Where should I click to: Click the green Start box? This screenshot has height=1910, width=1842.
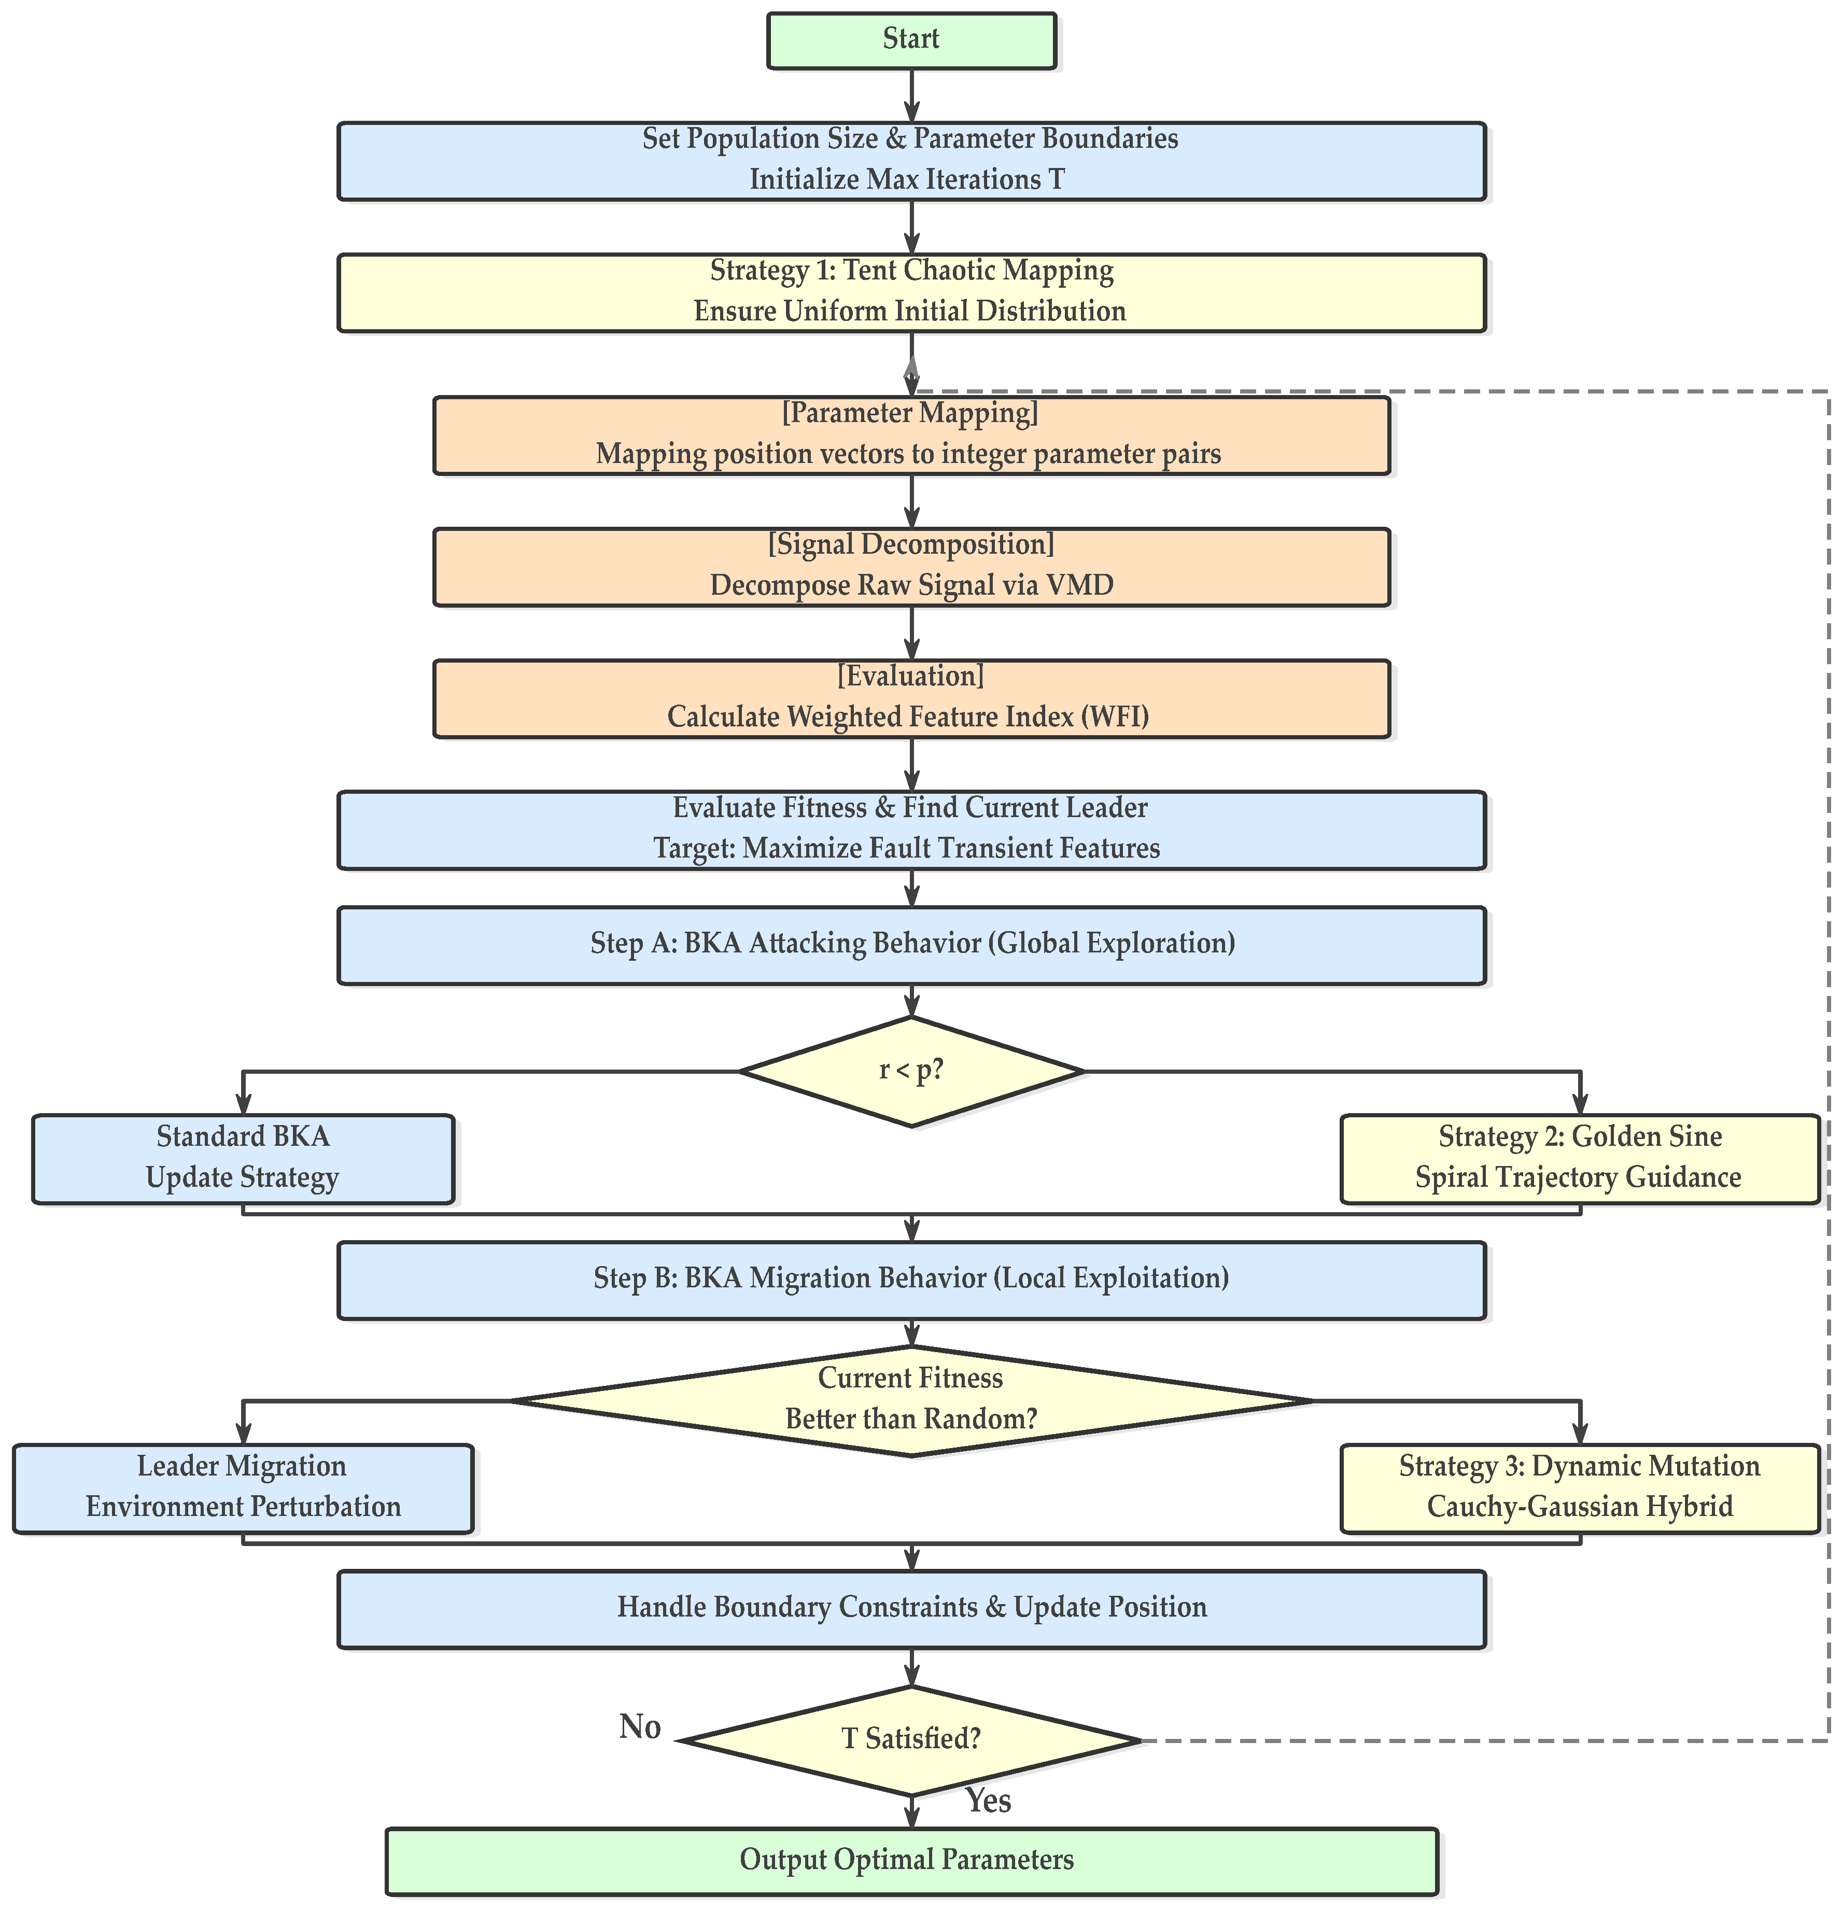[x=911, y=40]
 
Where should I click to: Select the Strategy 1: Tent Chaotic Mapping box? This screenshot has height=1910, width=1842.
[x=911, y=292]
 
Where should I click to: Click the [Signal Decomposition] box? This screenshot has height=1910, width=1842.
[x=911, y=567]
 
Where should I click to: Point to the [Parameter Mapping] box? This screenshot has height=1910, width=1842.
[x=911, y=434]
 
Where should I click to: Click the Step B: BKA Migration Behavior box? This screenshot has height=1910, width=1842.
[x=911, y=1280]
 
